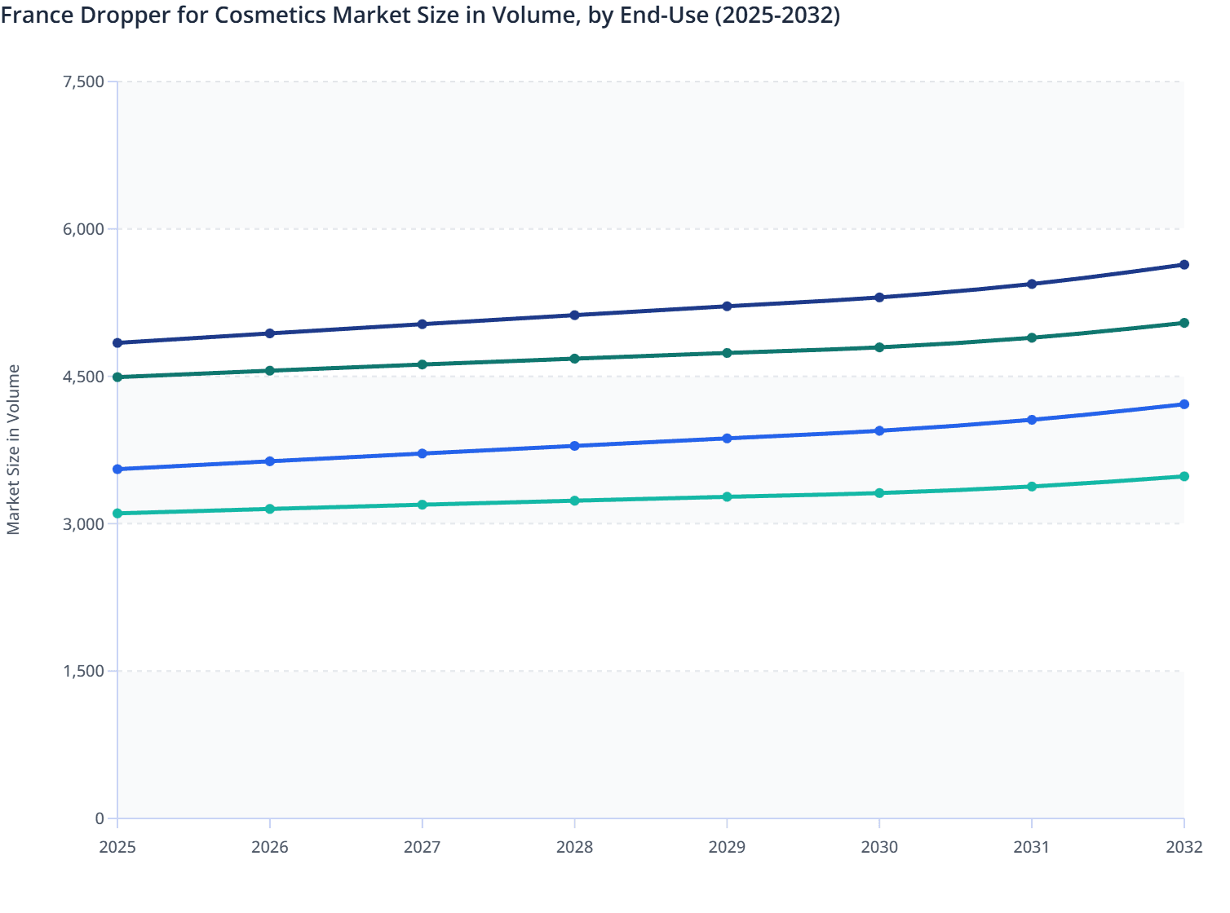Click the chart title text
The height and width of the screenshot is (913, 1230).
420,15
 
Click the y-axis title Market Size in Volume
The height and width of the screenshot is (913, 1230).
13,449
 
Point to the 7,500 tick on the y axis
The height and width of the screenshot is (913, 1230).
83,82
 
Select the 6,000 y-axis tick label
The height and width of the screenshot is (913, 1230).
83,229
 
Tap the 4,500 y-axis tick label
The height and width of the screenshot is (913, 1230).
83,377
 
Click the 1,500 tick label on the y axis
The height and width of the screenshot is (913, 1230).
83,671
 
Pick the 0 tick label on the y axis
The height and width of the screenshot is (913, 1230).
100,818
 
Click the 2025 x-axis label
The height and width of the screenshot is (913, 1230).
117,847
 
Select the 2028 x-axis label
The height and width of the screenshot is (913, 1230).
574,847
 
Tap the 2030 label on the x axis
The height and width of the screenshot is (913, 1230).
879,847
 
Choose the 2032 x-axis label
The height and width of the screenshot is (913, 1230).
1184,847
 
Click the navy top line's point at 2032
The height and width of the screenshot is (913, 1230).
1184,265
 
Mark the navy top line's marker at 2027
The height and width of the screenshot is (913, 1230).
423,324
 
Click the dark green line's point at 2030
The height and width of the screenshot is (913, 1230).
879,347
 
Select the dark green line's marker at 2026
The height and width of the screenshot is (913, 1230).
270,371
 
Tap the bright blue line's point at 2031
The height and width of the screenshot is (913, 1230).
1032,420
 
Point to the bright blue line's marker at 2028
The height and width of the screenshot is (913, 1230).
574,446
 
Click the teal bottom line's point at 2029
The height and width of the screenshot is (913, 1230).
727,496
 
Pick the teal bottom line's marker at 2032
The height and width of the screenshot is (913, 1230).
1184,476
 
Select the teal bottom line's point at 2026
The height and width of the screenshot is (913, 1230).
270,509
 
